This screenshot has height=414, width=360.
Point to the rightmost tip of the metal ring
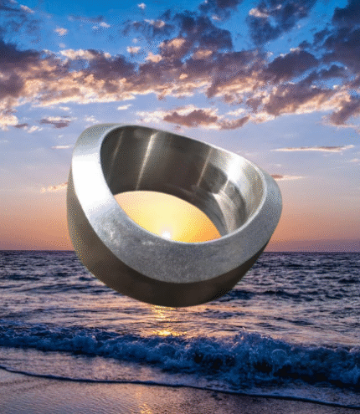[280, 201]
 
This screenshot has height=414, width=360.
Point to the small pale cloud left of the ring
[54, 187]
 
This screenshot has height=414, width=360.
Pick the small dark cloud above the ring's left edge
[56, 122]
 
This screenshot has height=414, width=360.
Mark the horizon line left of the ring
[33, 250]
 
